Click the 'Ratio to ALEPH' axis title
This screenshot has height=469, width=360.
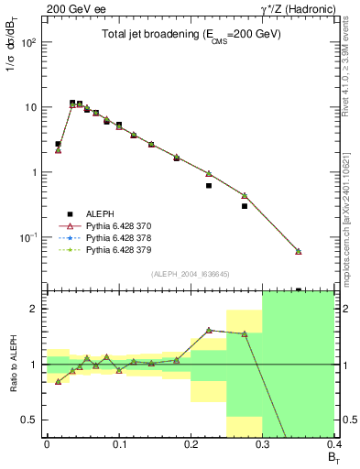click(13, 364)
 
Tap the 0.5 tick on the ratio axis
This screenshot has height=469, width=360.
click(33, 420)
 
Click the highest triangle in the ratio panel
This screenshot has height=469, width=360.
click(209, 330)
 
